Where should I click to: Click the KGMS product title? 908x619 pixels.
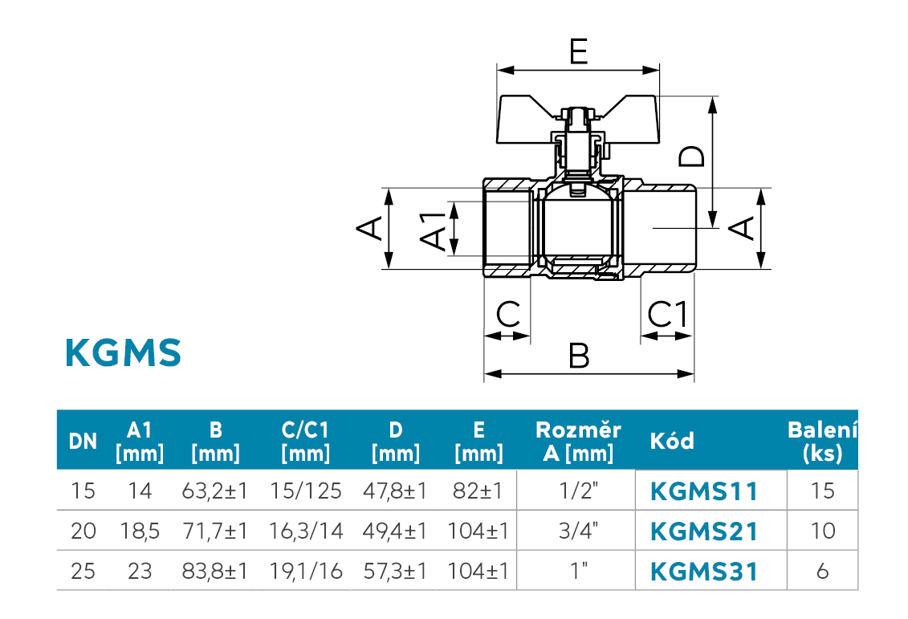[x=124, y=352]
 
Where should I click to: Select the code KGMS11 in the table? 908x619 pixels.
[x=704, y=490]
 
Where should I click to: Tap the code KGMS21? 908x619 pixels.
[x=704, y=531]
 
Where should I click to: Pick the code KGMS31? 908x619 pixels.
[x=704, y=572]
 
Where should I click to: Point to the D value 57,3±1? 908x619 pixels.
[x=396, y=572]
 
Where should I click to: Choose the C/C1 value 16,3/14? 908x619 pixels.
[x=305, y=531]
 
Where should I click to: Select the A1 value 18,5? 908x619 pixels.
[x=140, y=531]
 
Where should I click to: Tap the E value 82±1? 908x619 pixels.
[x=478, y=490]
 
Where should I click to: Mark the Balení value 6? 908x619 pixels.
[x=822, y=572]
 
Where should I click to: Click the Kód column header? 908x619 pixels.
[x=671, y=441]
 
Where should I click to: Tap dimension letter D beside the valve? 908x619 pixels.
[x=691, y=155]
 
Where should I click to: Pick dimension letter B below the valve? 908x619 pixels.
[x=579, y=355]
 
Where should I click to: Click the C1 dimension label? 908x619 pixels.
[x=668, y=314]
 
